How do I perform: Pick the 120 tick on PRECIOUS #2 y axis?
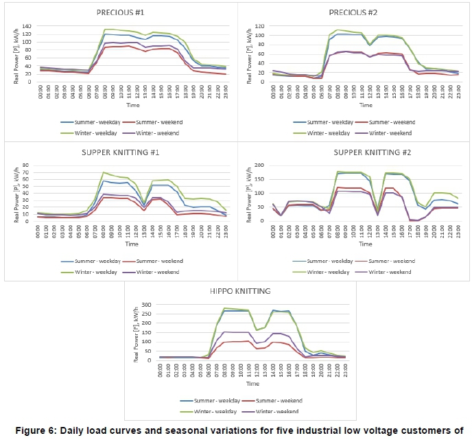click(262, 25)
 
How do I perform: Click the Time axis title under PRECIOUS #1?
click(120, 106)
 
